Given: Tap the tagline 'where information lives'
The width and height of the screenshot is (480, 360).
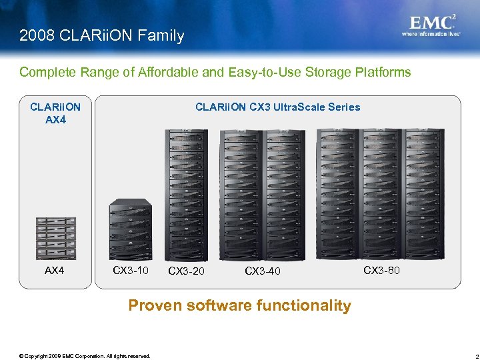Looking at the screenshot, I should coord(431,33).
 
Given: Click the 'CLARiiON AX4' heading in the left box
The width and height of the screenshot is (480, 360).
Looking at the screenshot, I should coord(55,113).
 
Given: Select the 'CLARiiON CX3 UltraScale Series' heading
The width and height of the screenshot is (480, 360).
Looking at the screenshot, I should coord(277,107).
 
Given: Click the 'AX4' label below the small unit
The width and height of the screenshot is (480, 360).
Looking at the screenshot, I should coord(55,271).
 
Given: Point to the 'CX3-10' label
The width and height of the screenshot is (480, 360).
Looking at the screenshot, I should coord(131,270).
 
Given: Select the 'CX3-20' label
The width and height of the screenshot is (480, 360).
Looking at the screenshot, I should coord(187,271).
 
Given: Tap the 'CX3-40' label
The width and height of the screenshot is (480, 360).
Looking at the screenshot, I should coord(263,271).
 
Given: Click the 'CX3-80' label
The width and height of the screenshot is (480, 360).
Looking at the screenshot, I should coord(381,270).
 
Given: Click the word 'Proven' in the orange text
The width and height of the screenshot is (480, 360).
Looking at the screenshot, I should coord(155,305).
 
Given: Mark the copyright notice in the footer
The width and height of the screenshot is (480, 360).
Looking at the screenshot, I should coord(85,356).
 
